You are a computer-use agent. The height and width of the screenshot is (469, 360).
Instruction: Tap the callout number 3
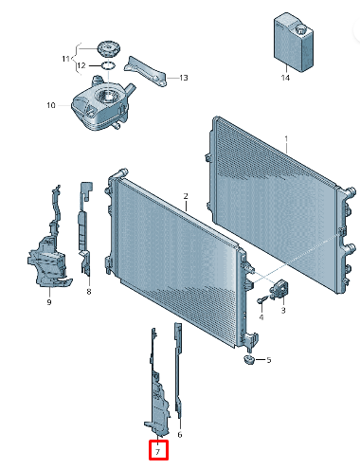pos(283,310)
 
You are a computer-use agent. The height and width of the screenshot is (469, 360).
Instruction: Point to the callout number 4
pos(261,318)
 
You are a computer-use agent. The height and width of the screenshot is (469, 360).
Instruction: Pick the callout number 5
pos(268,360)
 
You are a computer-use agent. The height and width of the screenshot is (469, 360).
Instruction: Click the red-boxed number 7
pos(157,452)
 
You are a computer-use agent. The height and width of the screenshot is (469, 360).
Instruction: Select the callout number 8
pos(88,292)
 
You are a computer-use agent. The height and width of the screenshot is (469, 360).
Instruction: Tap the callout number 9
pos(48,302)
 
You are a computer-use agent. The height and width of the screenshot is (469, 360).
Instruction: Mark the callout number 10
pos(51,105)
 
